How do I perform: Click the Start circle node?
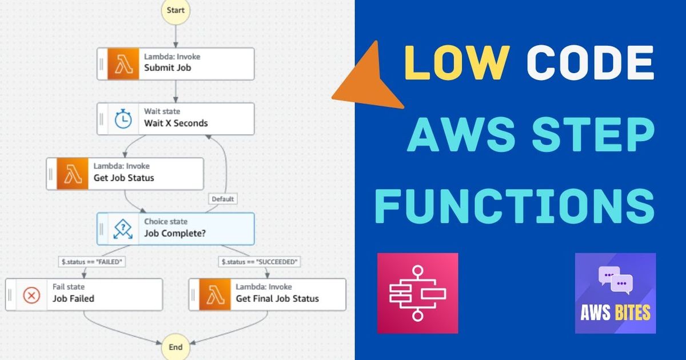(x=176, y=11)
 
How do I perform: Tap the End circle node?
(x=176, y=347)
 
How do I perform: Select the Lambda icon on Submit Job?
(x=123, y=64)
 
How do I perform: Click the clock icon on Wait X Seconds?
(x=123, y=119)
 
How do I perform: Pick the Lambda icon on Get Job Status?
(x=73, y=174)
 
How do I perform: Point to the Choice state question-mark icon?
(x=123, y=229)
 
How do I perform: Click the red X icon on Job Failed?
(x=31, y=295)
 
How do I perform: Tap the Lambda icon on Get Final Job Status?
(x=215, y=294)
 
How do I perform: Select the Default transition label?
(x=222, y=199)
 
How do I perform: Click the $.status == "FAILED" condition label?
(x=92, y=262)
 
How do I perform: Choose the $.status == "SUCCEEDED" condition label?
(x=260, y=262)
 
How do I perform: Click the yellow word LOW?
(x=457, y=62)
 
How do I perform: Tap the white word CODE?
(x=590, y=62)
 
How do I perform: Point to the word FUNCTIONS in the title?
(x=514, y=206)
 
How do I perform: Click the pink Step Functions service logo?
(x=418, y=293)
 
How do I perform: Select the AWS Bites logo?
(x=615, y=293)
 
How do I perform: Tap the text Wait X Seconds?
(x=176, y=123)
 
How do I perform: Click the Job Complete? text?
(x=175, y=233)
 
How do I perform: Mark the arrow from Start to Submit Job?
(x=176, y=37)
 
